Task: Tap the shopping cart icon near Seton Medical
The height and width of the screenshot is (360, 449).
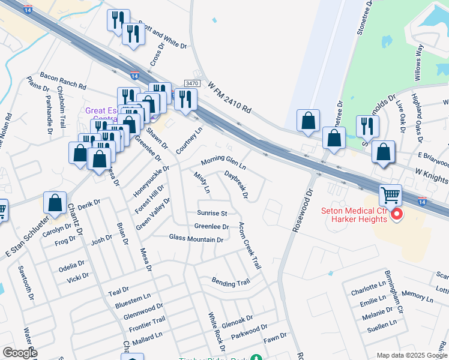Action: coord(390,194)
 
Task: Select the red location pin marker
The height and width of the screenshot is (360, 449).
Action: coord(396,214)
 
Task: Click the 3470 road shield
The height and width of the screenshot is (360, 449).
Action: coord(192,83)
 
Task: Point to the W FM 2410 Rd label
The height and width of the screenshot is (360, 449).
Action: coord(229,98)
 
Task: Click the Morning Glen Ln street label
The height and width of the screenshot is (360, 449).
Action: coord(223,161)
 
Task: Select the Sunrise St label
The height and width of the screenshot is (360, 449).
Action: coord(212,213)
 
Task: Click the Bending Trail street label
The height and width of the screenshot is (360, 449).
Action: coord(231,281)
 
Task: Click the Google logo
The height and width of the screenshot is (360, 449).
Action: coord(20,353)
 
